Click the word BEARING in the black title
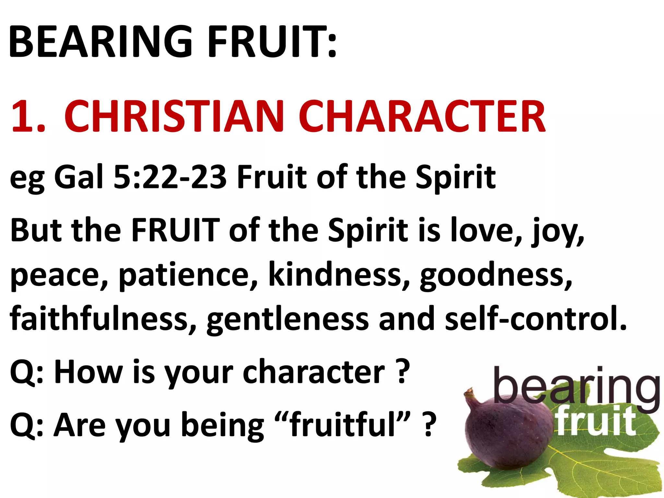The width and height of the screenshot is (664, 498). point(101,42)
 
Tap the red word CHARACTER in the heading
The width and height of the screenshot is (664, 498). point(422,116)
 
